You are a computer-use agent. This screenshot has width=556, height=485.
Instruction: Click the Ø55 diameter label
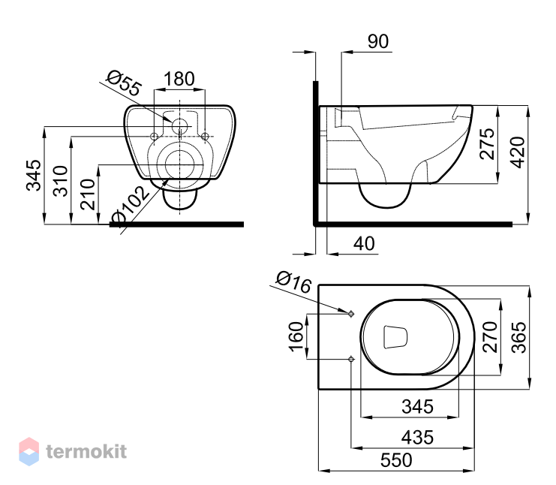click(125, 83)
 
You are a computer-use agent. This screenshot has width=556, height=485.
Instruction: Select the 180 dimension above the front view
click(179, 79)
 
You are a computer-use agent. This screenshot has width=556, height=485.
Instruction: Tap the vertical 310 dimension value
click(61, 181)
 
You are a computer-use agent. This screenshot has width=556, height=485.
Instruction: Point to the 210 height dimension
click(88, 194)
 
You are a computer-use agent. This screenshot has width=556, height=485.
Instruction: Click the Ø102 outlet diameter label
click(129, 207)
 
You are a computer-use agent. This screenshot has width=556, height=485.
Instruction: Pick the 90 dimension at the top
click(378, 41)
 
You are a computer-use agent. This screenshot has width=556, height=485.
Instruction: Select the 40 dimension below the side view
click(364, 244)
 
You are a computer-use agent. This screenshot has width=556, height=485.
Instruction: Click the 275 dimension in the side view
click(487, 143)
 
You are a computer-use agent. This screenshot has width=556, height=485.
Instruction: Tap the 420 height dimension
click(517, 152)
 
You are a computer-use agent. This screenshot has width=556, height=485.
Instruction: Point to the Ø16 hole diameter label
click(293, 282)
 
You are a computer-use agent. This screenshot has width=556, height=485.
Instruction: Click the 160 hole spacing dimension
click(296, 336)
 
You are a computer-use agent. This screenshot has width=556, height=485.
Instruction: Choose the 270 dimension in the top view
click(490, 336)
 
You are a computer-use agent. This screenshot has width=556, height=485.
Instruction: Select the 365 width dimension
click(518, 337)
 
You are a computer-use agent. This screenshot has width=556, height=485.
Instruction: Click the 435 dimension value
click(417, 438)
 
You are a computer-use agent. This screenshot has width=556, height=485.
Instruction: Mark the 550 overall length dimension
click(396, 460)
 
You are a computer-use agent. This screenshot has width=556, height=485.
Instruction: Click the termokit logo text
click(86, 451)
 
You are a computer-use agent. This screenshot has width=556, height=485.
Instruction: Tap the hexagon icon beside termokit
click(29, 451)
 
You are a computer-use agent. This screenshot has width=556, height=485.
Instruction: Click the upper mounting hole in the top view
click(351, 314)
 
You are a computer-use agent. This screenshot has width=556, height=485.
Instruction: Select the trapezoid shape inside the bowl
click(395, 336)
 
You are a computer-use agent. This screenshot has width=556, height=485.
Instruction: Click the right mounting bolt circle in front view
click(205, 136)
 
